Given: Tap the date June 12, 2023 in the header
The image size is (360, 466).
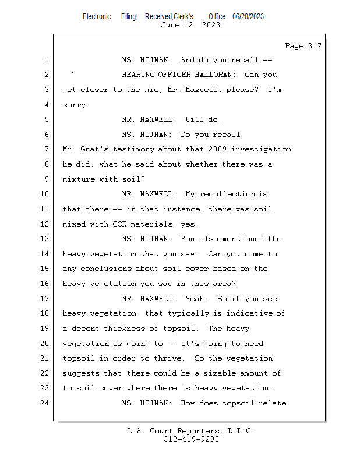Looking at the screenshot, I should pyautogui.click(x=190, y=25).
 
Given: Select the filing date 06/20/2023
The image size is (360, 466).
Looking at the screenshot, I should pyautogui.click(x=248, y=17).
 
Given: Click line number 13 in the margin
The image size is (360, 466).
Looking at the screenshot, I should pyautogui.click(x=46, y=239).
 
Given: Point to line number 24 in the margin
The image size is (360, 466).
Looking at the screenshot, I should pyautogui.click(x=46, y=403).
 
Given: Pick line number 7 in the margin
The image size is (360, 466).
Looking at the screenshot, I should pyautogui.click(x=46, y=149).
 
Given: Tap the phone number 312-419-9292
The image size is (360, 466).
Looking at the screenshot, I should pyautogui.click(x=191, y=440).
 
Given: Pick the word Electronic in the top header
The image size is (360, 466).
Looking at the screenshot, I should pyautogui.click(x=96, y=17).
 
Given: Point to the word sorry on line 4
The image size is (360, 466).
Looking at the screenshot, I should pyautogui.click(x=75, y=105).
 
